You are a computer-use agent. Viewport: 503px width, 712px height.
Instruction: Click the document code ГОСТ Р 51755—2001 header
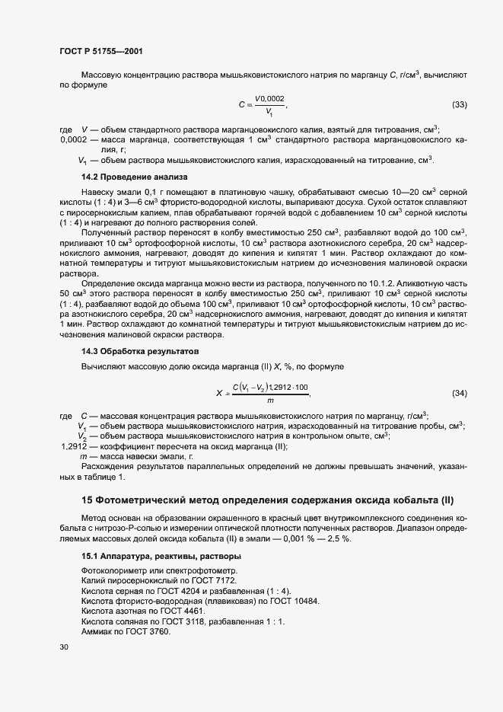click(100, 51)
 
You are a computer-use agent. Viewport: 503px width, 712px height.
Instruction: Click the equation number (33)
click(460, 104)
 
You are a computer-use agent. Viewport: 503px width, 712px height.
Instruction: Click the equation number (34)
click(460, 393)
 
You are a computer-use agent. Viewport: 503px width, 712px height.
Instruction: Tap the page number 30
click(64, 647)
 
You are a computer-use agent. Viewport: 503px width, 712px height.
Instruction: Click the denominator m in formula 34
click(270, 401)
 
